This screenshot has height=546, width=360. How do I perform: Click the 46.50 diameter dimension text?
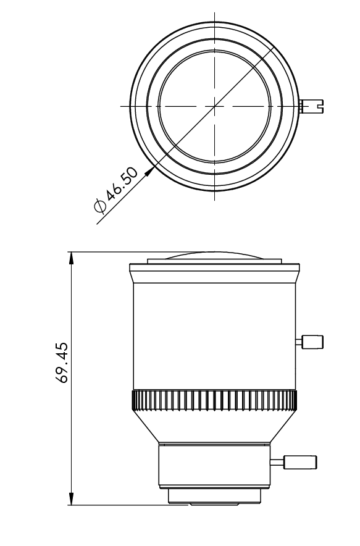click(x=122, y=185)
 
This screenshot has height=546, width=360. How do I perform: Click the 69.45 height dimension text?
click(x=62, y=363)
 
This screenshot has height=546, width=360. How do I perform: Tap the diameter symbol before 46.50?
click(x=100, y=206)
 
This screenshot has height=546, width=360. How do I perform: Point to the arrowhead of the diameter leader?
click(x=150, y=170)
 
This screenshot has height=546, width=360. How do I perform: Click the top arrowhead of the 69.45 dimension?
click(x=72, y=258)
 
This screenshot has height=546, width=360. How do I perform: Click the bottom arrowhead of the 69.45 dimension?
click(x=72, y=498)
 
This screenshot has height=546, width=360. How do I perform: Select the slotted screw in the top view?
click(x=311, y=106)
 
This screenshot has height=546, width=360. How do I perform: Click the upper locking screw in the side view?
click(x=309, y=342)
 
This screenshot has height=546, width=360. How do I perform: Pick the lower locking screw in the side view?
click(x=293, y=462)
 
